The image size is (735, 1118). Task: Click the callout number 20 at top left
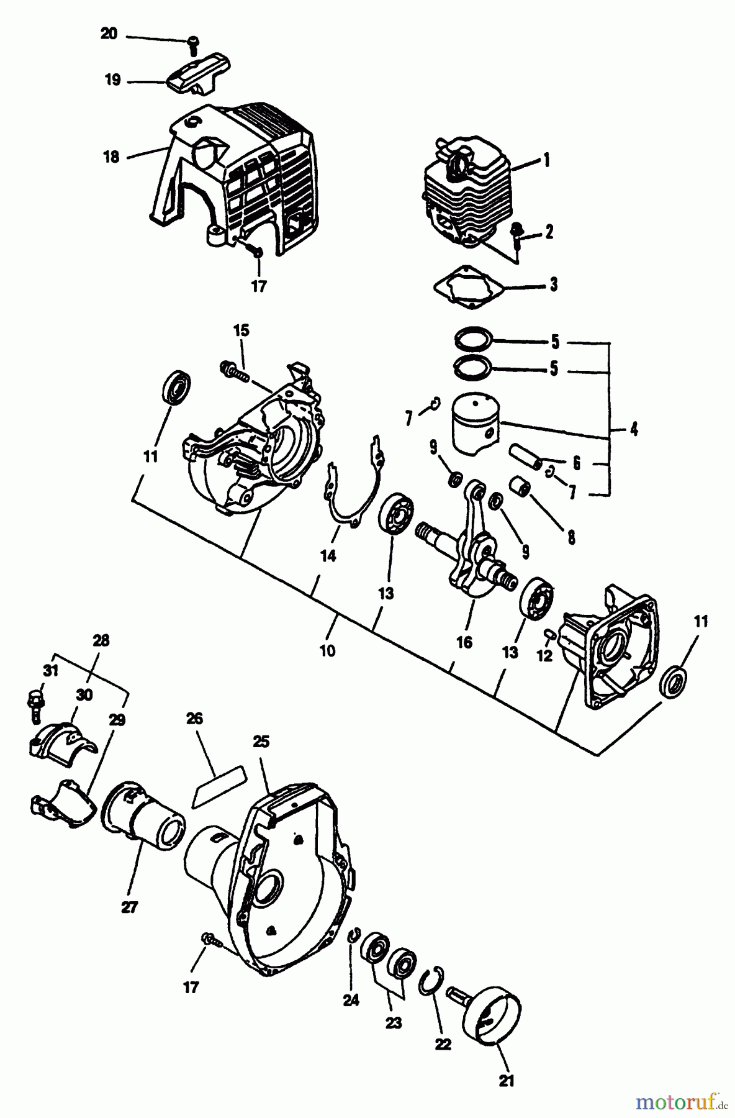tap(109, 34)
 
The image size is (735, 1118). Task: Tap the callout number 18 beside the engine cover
tap(111, 157)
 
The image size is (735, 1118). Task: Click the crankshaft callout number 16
tap(464, 642)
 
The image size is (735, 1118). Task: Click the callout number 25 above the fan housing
tap(261, 742)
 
